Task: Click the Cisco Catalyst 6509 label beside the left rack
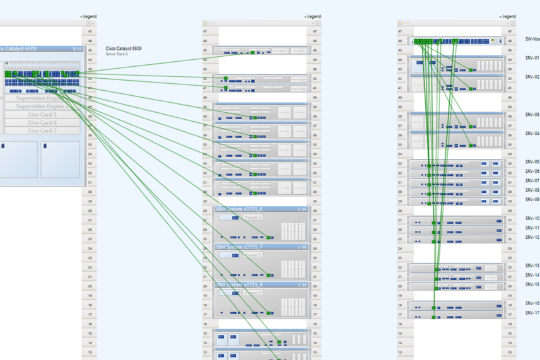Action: pyautogui.click(x=124, y=49)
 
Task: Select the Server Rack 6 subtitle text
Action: pyautogui.click(x=117, y=54)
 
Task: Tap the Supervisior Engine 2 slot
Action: pyautogui.click(x=42, y=107)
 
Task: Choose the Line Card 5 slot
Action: pyautogui.click(x=42, y=115)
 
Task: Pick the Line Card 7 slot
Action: pyautogui.click(x=42, y=131)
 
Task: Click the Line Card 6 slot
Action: pyautogui.click(x=42, y=123)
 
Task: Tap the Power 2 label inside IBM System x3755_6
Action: pyautogui.click(x=252, y=218)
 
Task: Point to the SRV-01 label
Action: pyautogui.click(x=532, y=58)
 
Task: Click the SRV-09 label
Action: pyautogui.click(x=532, y=199)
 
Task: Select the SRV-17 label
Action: pyautogui.click(x=532, y=313)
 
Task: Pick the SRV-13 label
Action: pyautogui.click(x=532, y=265)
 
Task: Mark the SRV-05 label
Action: pyautogui.click(x=532, y=162)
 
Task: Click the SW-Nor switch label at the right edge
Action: pyautogui.click(x=532, y=39)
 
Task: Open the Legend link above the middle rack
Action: pyautogui.click(x=314, y=16)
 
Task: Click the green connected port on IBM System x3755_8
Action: pyautogui.click(x=269, y=313)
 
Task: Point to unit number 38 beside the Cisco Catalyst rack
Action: pyautogui.click(x=90, y=117)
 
